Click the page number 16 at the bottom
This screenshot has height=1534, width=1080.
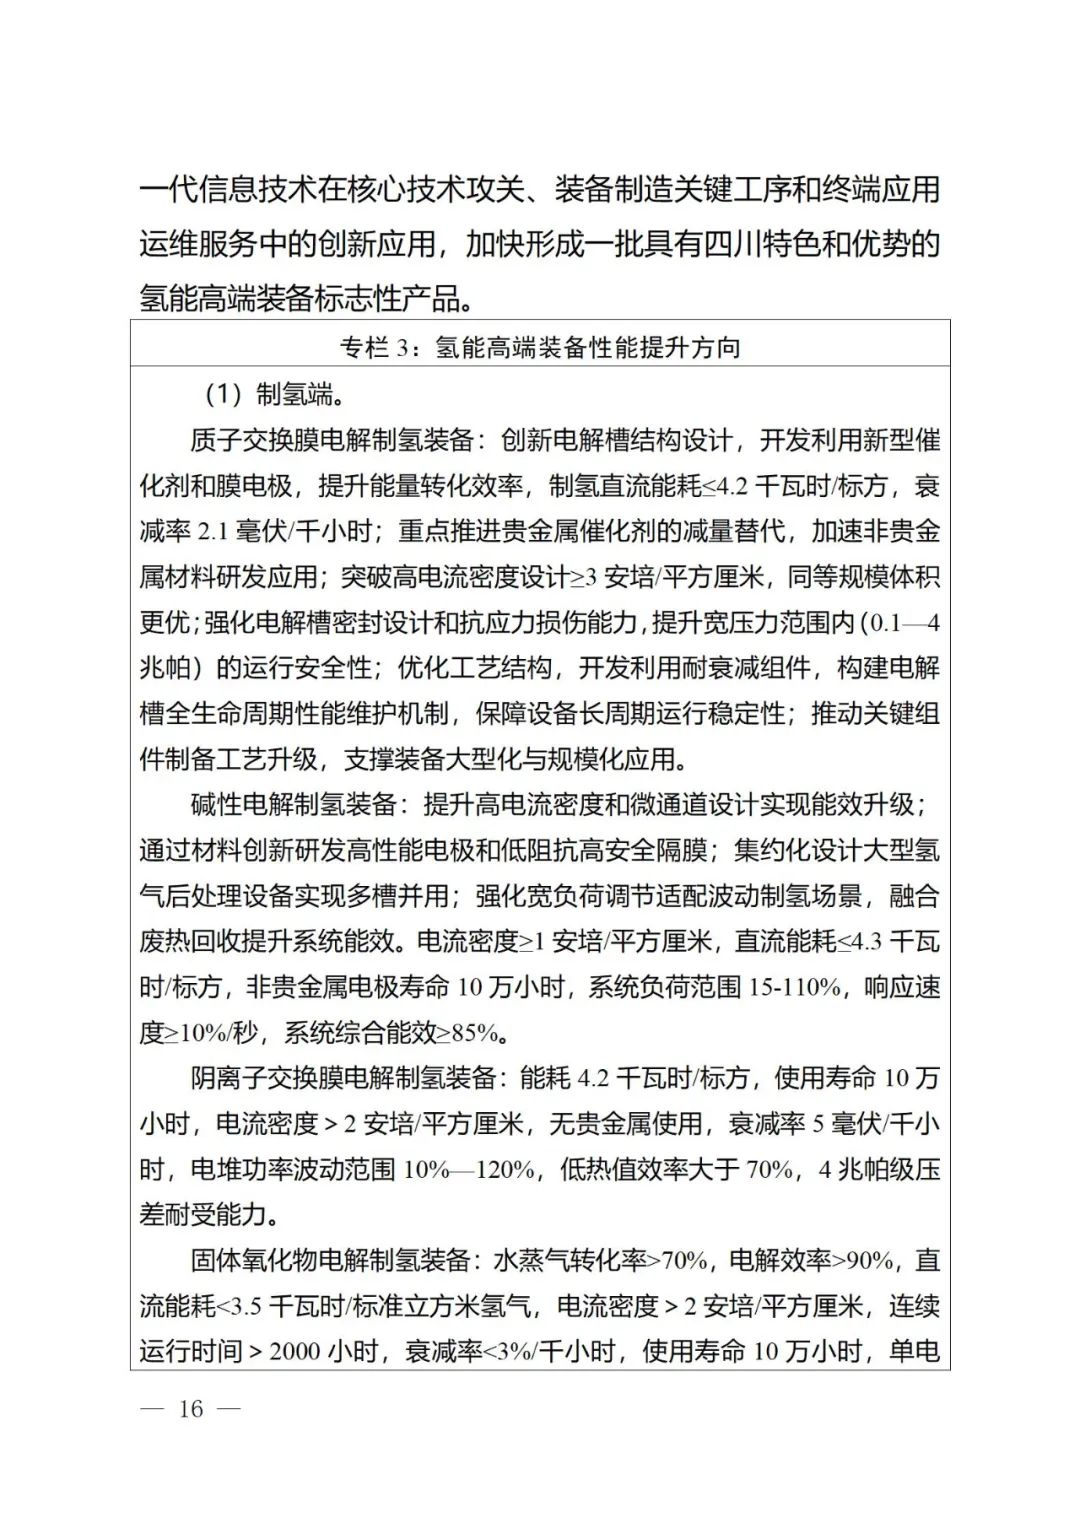click(x=190, y=1409)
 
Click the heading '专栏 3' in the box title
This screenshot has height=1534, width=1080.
click(x=374, y=348)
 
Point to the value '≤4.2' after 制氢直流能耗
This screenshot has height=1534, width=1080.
click(x=724, y=486)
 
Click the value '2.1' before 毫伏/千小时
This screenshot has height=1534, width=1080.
click(x=213, y=532)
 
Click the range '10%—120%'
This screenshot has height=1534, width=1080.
click(x=468, y=1169)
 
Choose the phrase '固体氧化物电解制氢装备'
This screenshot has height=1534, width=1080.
click(x=331, y=1260)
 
